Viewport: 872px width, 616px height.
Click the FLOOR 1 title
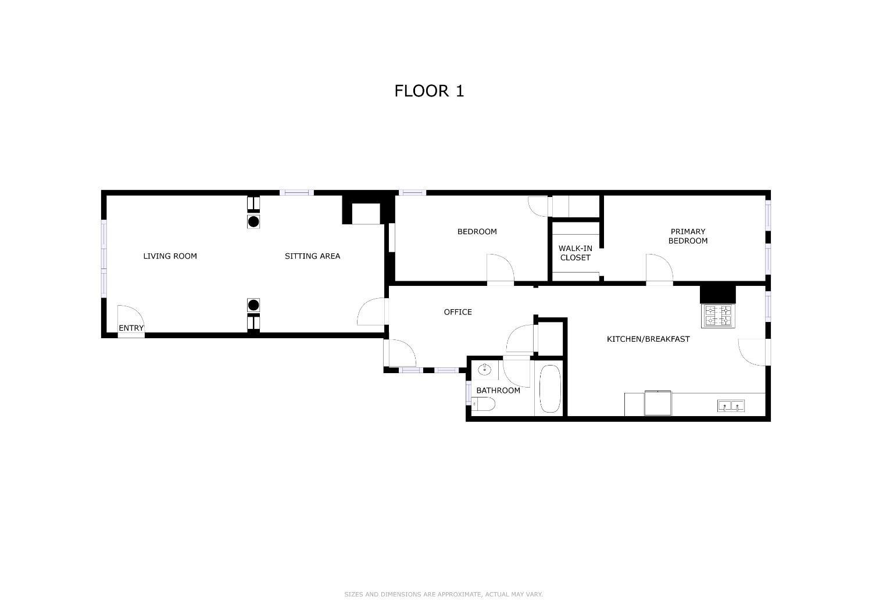coord(429,91)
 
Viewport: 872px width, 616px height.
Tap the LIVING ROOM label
coord(170,256)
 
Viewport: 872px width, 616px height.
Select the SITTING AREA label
coord(312,256)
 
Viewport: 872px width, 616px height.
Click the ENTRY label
coord(131,328)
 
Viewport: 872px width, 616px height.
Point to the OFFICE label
coord(458,312)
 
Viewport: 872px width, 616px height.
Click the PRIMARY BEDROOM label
coord(688,236)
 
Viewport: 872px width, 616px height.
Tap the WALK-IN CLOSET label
coord(576,253)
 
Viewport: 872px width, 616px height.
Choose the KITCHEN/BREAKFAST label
coord(648,339)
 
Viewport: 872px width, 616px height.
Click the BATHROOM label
coord(498,391)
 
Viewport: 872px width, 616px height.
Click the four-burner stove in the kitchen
coord(718,316)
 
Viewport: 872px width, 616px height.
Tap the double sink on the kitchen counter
coord(731,406)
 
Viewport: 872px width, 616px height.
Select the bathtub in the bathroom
coord(550,389)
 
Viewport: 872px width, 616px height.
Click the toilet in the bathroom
coord(483,404)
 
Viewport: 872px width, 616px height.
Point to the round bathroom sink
coord(484,370)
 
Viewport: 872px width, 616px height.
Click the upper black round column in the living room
coord(253,222)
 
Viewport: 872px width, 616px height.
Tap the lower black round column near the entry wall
coord(253,305)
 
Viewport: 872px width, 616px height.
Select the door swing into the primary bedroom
coord(659,268)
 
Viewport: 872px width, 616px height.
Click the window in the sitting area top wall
coord(296,192)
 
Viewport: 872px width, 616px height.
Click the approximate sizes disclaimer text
coord(444,594)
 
